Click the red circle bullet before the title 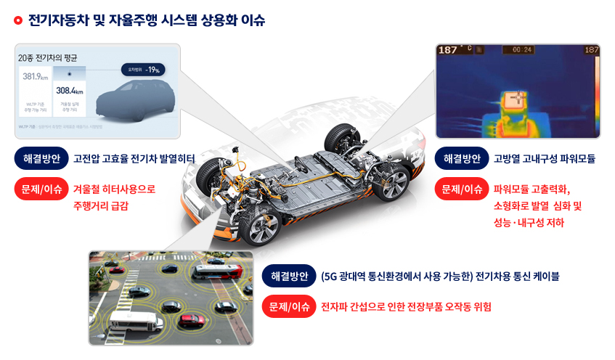18,20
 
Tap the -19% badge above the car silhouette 145,70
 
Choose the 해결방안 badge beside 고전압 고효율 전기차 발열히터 40,158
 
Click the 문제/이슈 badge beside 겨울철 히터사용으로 40,190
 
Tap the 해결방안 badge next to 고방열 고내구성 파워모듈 461,158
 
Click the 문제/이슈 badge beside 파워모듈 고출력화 461,190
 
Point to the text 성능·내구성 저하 529,223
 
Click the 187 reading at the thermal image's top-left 448,50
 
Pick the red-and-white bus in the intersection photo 216,271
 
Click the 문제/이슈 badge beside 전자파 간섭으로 288,307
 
